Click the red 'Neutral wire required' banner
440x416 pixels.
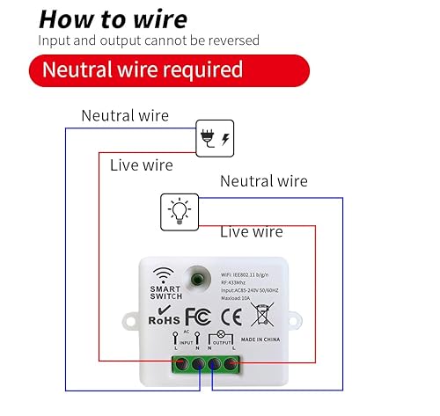156,69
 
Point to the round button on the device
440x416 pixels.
210,279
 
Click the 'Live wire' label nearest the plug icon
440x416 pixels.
141,164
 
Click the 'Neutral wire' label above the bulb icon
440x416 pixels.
263,181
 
